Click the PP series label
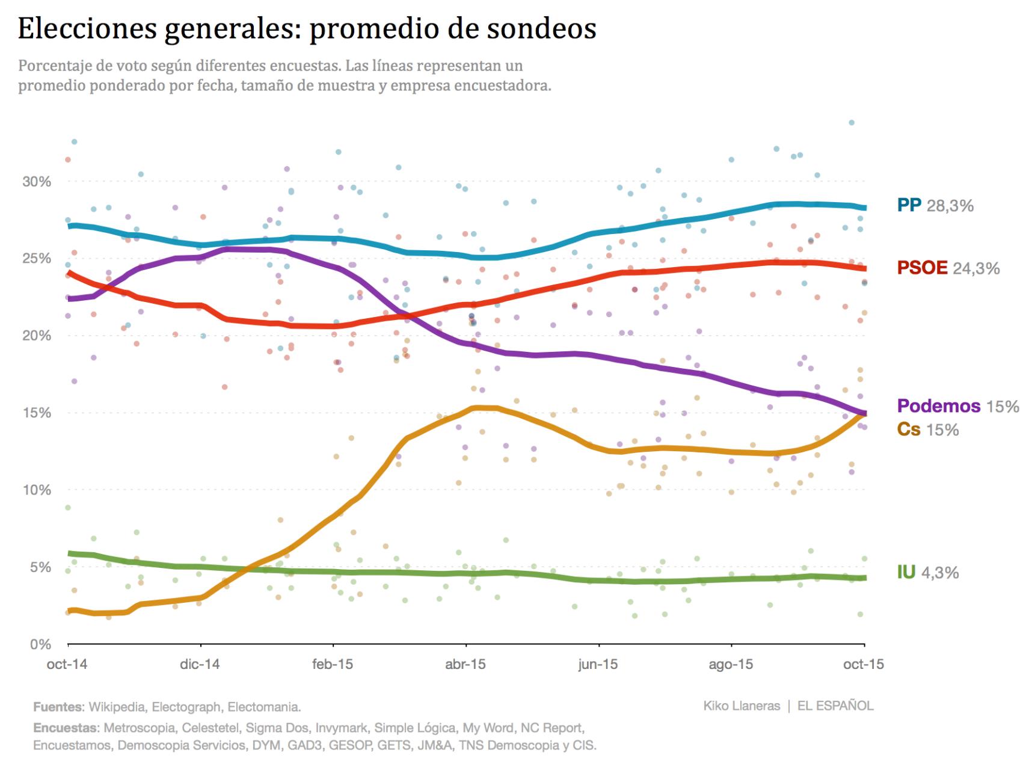(909, 206)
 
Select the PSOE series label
(922, 268)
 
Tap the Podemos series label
(938, 406)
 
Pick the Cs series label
(909, 430)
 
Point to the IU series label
(906, 572)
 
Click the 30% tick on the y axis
(37, 182)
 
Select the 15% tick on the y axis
(37, 413)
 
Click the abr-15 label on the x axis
(465, 664)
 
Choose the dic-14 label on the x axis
(200, 664)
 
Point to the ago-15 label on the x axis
(731, 664)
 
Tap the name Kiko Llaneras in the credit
(742, 706)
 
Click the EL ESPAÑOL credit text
(835, 706)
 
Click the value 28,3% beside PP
(950, 206)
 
